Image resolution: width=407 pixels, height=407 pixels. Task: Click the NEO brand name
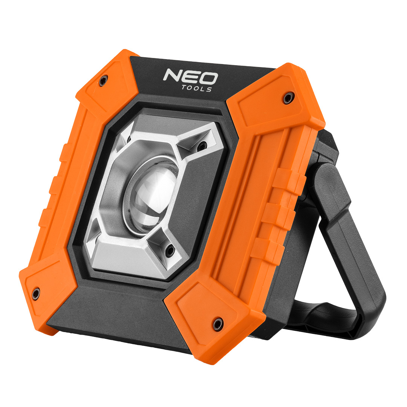(x=190, y=77)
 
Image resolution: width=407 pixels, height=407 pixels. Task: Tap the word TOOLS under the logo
(x=197, y=88)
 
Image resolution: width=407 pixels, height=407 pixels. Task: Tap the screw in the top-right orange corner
(x=288, y=98)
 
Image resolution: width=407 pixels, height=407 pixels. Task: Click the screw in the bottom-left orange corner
(x=36, y=293)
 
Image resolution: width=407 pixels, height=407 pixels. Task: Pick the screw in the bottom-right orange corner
(x=218, y=323)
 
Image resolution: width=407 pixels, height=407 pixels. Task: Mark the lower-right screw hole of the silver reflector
(x=170, y=249)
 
